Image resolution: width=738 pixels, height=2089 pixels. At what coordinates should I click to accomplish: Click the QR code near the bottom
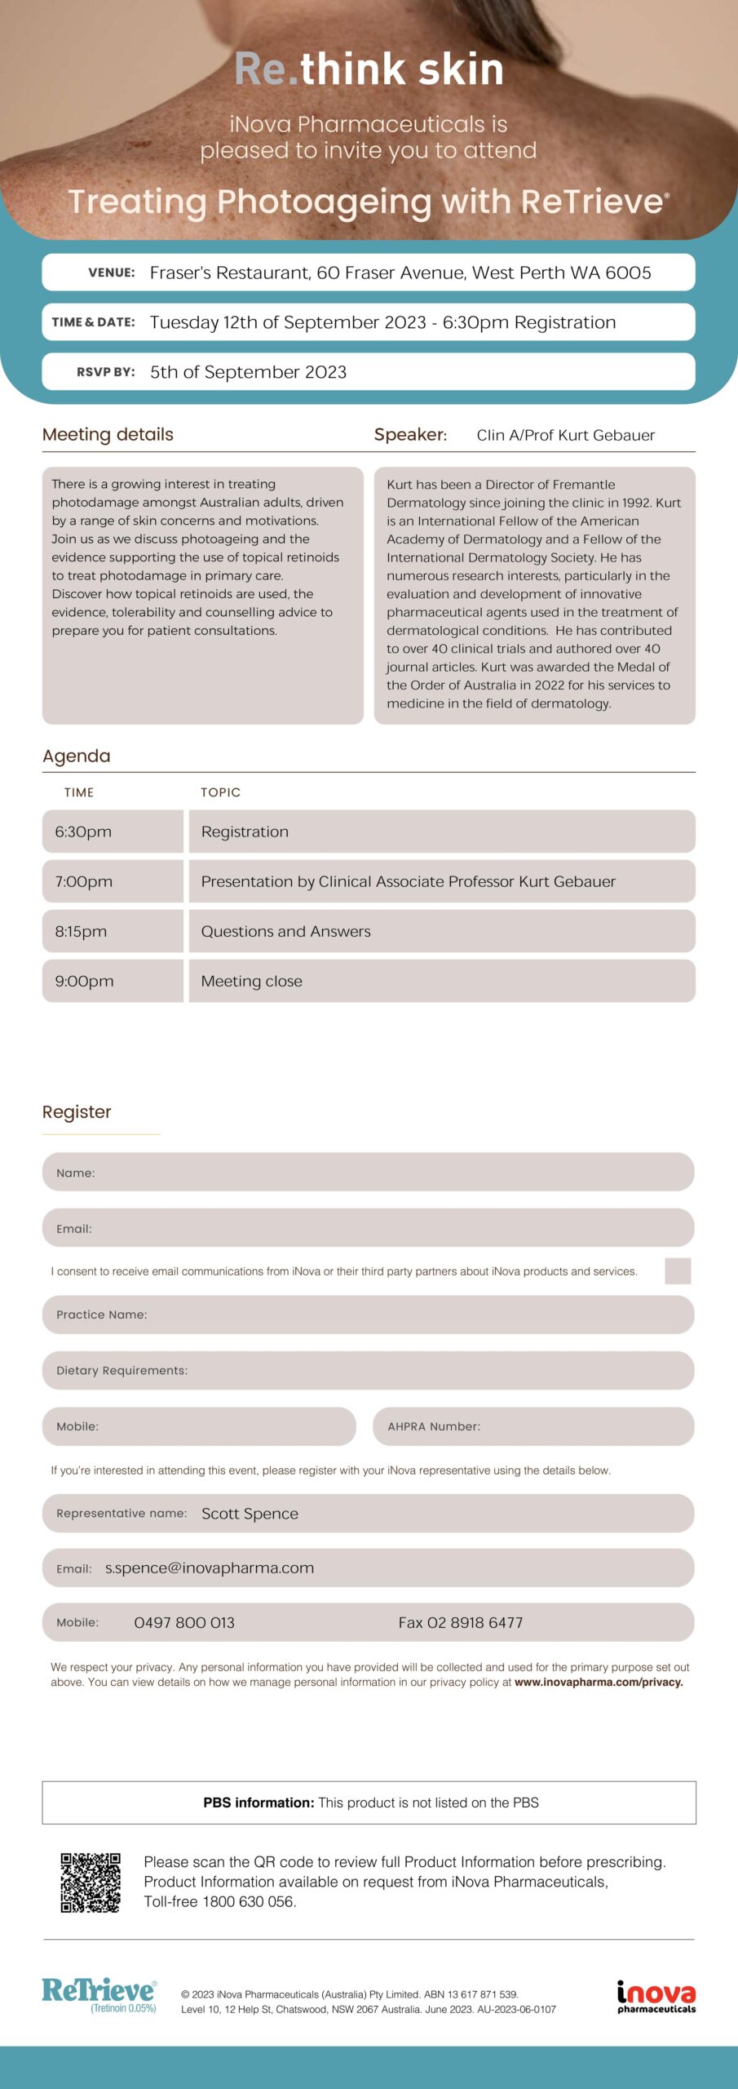pos(91,1883)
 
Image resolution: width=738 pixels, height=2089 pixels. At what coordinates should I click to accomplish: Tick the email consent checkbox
pos(677,1271)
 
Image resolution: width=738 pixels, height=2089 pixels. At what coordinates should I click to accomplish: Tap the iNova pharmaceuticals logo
pos(656,1996)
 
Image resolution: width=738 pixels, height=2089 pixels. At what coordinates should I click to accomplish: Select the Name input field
pos(368,1172)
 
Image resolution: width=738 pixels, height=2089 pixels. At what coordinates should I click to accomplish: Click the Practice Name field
pos(368,1314)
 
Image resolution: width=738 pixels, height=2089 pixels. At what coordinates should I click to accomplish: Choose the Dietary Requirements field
pos(368,1370)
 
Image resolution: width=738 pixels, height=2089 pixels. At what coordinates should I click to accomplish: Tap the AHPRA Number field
pos(533,1426)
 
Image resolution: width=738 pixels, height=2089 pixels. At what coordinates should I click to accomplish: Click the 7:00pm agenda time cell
pos(113,881)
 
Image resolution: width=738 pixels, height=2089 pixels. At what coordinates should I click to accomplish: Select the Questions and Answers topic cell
pos(441,931)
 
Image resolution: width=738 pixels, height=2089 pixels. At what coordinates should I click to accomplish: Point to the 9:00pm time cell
pos(113,981)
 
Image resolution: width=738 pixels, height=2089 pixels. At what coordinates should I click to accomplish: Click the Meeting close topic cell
pos(441,981)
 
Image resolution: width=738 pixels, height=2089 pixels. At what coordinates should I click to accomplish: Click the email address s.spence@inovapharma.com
pos(210,1568)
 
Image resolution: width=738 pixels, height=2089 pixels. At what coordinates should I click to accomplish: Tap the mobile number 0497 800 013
pos(184,1622)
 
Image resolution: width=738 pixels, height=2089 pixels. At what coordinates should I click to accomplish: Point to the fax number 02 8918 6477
pos(461,1622)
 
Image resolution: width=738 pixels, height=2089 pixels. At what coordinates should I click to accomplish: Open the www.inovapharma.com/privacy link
pos(599,1682)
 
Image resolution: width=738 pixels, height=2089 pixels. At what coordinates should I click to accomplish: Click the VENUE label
pos(112,273)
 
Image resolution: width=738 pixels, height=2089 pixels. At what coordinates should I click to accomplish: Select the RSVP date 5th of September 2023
pos(248,372)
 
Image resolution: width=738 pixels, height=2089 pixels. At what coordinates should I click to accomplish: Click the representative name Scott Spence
pos(250,1514)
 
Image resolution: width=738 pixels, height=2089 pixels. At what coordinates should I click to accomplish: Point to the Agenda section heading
pos(77,756)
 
